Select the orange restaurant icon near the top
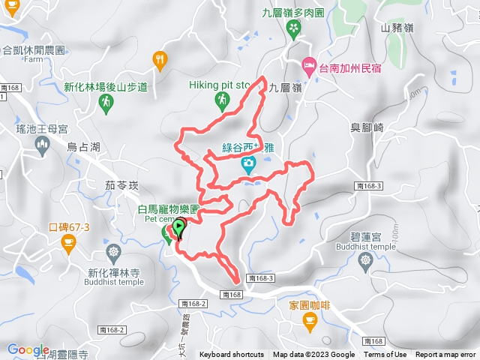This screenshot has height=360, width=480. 159,59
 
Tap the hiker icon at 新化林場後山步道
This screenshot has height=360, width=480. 106,101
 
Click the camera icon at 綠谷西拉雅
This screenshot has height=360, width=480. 247,163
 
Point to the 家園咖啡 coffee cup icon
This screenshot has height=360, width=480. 310,321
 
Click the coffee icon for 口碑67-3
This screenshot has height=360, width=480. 68,241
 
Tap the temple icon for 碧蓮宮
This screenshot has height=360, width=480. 366,260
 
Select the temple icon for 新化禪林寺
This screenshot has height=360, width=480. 113,250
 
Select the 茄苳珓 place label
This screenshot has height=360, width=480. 122,183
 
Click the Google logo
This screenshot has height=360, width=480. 28,349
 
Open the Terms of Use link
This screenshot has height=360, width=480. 385,355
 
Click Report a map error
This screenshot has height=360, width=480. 445,355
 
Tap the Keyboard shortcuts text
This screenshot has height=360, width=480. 231,355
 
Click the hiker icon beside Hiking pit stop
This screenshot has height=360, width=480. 221,100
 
